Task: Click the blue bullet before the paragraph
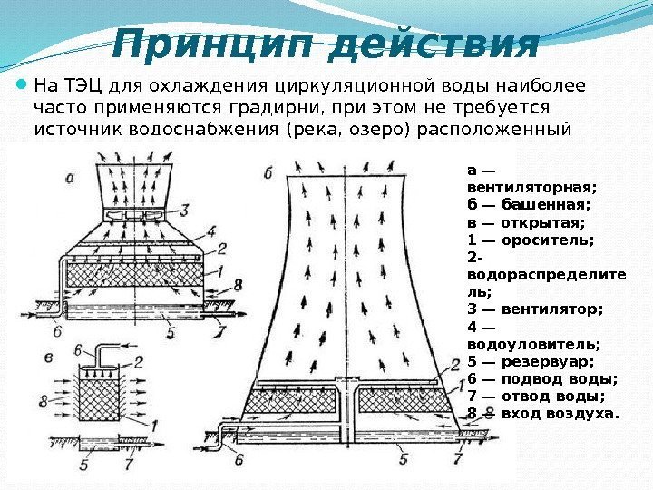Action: click(22, 87)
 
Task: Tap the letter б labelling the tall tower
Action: click(268, 171)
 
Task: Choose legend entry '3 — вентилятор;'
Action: click(534, 309)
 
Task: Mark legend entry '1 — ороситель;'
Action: click(530, 240)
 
